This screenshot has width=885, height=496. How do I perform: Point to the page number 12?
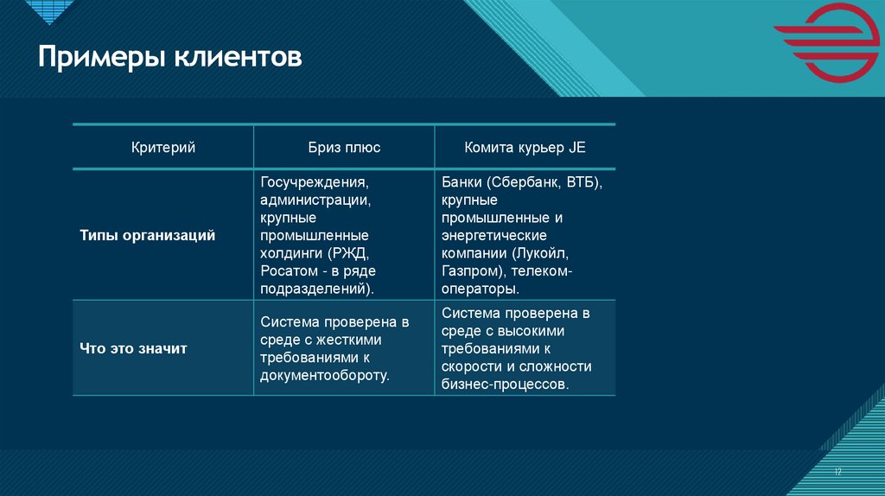click(x=837, y=471)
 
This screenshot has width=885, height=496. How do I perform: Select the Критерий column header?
click(x=162, y=148)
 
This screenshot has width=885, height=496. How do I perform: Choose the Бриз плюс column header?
click(x=344, y=148)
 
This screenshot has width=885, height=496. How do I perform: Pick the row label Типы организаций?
click(x=148, y=235)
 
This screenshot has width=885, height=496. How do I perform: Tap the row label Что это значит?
click(x=133, y=348)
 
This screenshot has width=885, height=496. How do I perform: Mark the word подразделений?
click(x=315, y=289)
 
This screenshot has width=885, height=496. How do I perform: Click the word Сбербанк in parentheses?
click(x=523, y=183)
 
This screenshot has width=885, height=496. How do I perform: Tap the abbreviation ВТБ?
click(x=584, y=183)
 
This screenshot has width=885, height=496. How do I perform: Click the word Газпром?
click(x=467, y=270)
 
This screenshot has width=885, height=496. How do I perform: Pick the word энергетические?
click(x=493, y=236)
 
